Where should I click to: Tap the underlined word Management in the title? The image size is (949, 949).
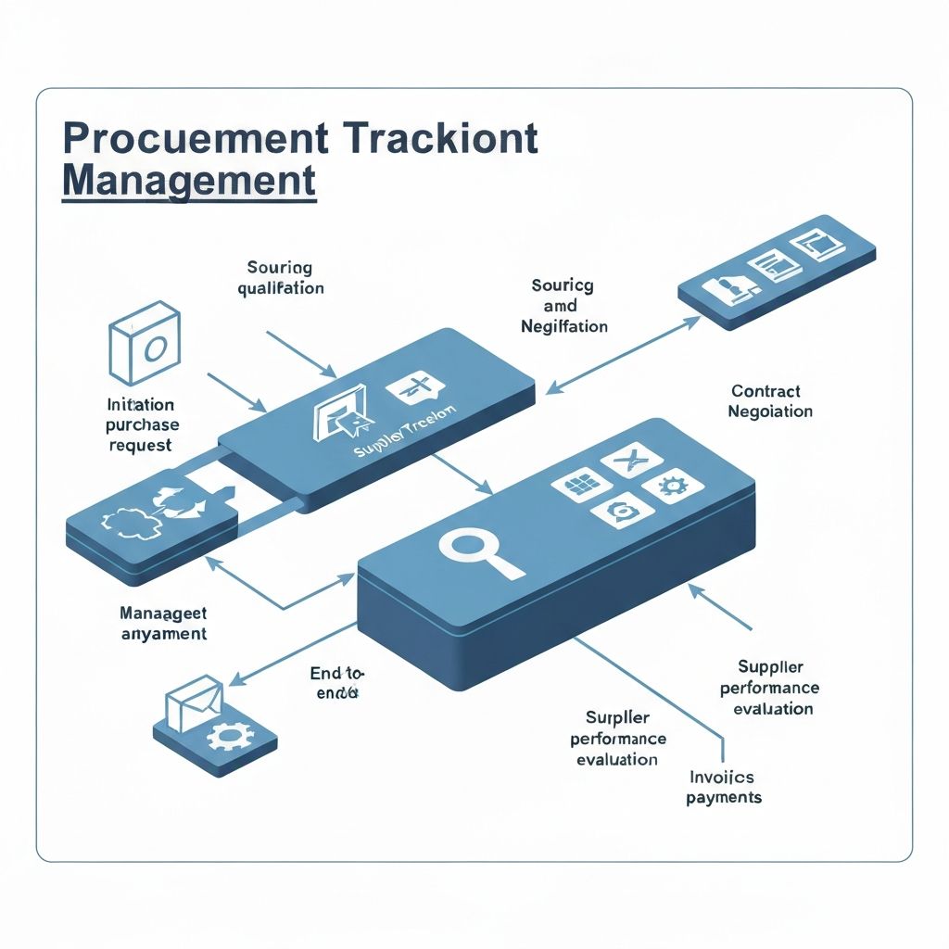pos(189,180)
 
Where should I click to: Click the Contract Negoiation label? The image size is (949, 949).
pos(770,401)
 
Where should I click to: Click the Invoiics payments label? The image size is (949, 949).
pos(723,787)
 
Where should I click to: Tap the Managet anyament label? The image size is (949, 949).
pos(163,624)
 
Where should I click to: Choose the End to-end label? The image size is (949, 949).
pos(336,683)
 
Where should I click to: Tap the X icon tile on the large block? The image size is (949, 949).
pos(628,457)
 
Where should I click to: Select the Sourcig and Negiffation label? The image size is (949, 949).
pos(563,306)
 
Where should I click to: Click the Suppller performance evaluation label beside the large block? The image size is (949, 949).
pos(770,688)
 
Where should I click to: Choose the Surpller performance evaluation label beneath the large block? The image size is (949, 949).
pos(617,739)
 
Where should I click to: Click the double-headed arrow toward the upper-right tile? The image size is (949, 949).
pos(623,354)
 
